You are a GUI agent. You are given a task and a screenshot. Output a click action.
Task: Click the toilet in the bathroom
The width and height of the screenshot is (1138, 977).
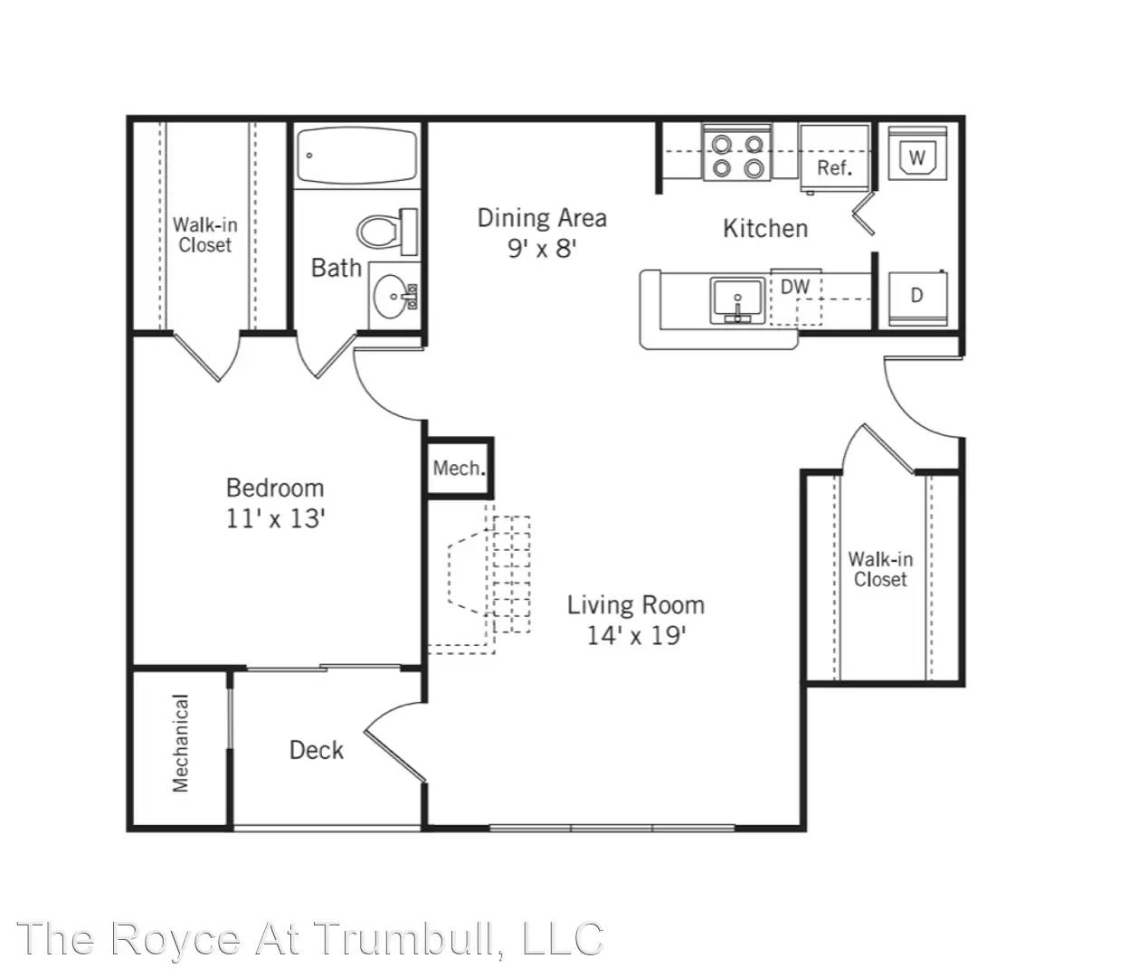(x=386, y=232)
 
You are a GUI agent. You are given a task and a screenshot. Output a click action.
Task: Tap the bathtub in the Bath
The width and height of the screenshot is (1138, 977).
(x=356, y=156)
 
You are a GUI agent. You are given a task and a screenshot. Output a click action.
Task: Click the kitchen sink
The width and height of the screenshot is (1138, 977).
(x=737, y=300)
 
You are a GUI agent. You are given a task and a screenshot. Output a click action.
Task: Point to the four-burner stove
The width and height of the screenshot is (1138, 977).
(x=737, y=151)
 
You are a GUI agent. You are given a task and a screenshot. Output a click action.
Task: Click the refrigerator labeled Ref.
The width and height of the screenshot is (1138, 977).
(x=835, y=158)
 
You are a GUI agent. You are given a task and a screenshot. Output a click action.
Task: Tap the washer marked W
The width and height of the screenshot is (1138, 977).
(x=917, y=153)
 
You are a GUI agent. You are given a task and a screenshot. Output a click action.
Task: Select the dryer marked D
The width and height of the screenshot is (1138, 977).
(x=917, y=298)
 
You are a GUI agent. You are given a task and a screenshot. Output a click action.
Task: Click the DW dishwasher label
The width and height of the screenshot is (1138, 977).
(x=795, y=287)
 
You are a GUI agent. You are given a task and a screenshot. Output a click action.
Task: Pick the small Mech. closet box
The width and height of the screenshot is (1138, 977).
(x=459, y=468)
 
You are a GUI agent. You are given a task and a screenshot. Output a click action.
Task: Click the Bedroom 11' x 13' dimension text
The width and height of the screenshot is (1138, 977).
(x=276, y=518)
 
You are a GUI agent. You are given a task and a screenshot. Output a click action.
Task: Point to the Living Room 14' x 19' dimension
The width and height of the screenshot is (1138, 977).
(x=637, y=636)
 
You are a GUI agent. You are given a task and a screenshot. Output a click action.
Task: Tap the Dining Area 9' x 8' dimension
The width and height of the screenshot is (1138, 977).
(x=542, y=249)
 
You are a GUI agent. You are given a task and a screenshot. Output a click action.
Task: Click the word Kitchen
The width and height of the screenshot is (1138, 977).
(x=765, y=228)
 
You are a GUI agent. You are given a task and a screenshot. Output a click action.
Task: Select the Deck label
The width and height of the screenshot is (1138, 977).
(x=317, y=750)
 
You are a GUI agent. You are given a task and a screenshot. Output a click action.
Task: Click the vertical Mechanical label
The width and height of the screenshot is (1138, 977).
(x=181, y=744)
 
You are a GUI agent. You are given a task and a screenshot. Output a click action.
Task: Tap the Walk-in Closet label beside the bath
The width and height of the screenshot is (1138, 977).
(x=204, y=234)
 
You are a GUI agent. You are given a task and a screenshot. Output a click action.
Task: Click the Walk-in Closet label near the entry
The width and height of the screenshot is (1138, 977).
(x=880, y=569)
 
